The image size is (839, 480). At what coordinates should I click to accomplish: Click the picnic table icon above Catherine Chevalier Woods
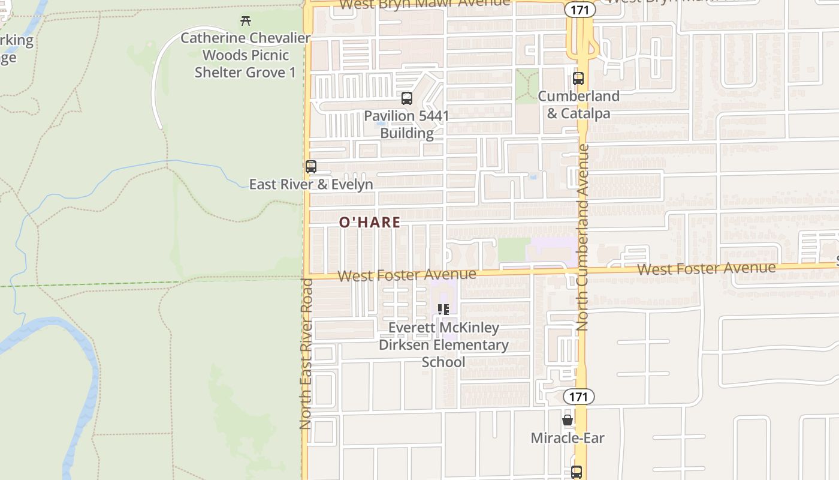(x=245, y=21)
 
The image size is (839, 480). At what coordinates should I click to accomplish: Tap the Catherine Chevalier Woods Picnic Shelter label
(x=245, y=55)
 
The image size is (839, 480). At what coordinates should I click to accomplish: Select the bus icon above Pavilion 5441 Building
(x=407, y=98)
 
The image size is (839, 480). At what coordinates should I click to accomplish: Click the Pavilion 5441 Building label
(x=407, y=124)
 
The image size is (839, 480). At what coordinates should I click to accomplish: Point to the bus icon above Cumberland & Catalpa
(x=578, y=79)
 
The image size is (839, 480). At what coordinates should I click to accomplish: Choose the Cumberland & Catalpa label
(x=578, y=104)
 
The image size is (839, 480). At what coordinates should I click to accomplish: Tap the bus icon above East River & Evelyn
(x=310, y=167)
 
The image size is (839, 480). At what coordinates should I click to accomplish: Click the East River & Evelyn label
(x=311, y=184)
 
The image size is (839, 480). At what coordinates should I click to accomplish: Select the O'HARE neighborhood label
(x=370, y=223)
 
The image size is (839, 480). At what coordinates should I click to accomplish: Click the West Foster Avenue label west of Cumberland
(x=407, y=275)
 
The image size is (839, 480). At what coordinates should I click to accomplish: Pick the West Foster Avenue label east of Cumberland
(x=706, y=268)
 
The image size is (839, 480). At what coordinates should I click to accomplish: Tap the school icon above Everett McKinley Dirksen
(x=443, y=310)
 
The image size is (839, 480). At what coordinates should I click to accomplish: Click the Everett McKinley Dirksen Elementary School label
(x=443, y=345)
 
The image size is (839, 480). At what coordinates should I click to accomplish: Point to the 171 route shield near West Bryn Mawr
(x=580, y=10)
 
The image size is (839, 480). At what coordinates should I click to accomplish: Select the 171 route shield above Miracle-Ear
(x=578, y=397)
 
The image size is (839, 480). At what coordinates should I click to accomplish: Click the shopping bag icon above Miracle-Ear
(x=568, y=420)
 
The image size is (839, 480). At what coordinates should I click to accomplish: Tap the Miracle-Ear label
(x=568, y=438)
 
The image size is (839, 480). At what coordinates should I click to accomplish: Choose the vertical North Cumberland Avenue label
(x=583, y=238)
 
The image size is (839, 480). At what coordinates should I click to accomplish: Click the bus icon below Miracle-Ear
(x=577, y=472)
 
